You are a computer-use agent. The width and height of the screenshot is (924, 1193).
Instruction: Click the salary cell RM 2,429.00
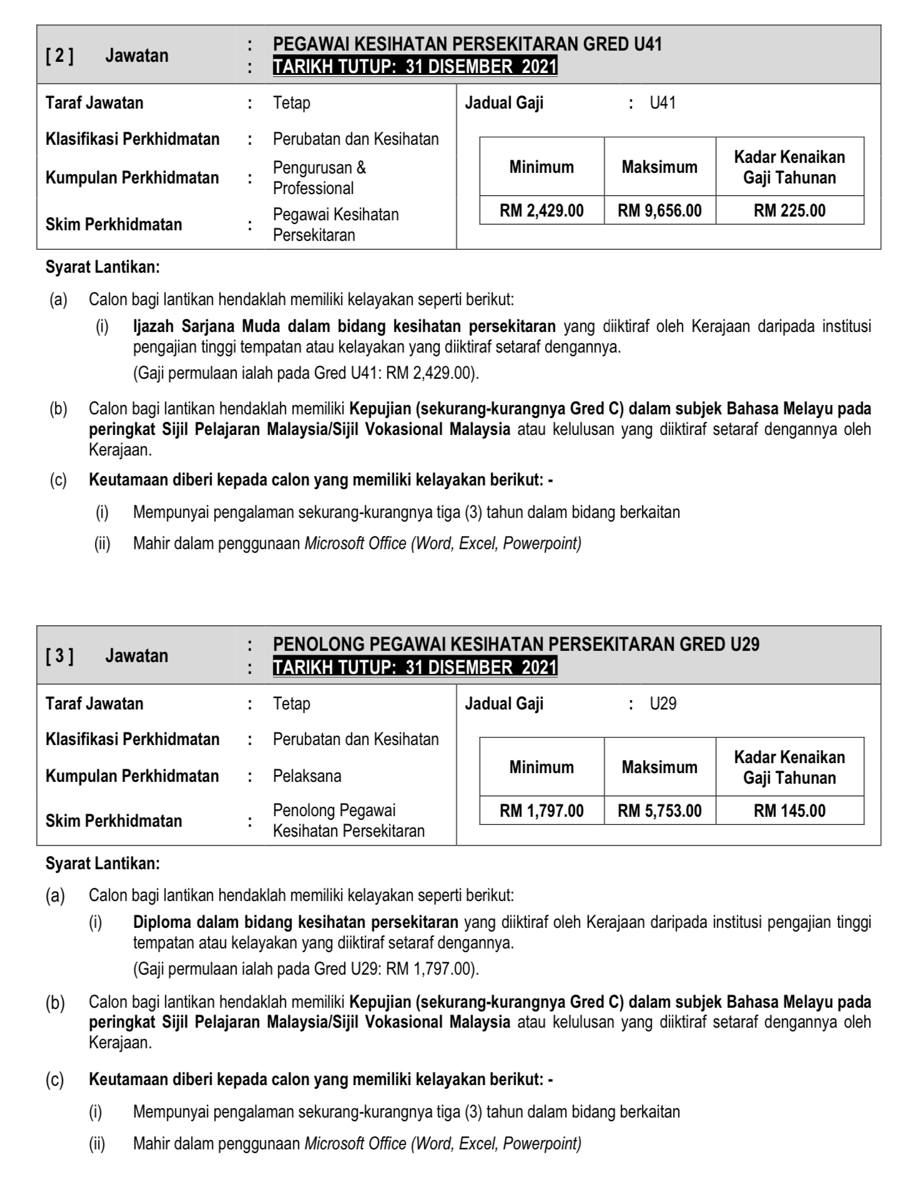tap(541, 211)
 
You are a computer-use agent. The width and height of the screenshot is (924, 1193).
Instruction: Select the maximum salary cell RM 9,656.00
tap(659, 211)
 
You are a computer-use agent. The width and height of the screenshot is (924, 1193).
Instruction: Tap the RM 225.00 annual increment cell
tap(789, 211)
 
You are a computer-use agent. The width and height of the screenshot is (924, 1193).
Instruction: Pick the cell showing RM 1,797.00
tap(541, 811)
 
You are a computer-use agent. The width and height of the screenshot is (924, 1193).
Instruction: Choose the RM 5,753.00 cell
tap(659, 811)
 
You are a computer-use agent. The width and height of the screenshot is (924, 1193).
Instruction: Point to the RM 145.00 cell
tap(789, 811)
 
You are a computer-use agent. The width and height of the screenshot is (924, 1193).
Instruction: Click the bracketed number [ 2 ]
tap(59, 56)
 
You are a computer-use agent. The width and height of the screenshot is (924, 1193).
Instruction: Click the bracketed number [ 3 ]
tap(59, 656)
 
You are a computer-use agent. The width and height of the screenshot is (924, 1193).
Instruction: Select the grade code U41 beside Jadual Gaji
tap(662, 103)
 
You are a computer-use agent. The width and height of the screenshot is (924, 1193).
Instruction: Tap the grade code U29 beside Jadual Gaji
tap(662, 704)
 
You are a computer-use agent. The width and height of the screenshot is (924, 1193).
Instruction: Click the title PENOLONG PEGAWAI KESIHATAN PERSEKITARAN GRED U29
tap(516, 645)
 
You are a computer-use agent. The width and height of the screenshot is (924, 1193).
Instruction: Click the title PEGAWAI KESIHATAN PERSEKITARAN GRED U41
tap(467, 44)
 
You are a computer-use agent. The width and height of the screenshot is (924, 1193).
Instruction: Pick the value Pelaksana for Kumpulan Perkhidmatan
tap(307, 776)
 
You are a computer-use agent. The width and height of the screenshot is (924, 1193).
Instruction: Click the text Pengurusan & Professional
tap(319, 178)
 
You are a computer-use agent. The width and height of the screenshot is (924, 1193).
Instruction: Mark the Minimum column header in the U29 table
tap(541, 767)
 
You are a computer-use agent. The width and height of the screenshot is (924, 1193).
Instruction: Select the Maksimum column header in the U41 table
tap(659, 167)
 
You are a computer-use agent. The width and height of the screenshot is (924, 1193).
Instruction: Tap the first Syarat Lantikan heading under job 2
tap(102, 268)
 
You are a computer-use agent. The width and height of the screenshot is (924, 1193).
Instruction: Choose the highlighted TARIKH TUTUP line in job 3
tap(415, 668)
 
